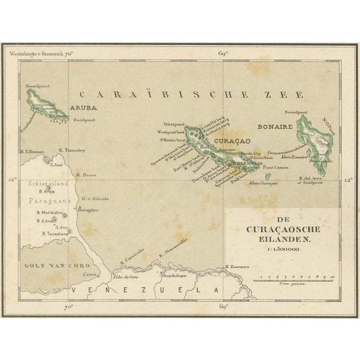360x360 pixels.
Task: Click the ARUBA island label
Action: pyautogui.click(x=84, y=107)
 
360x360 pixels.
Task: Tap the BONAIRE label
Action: pyautogui.click(x=273, y=128)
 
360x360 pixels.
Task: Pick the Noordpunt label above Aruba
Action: pyautogui.click(x=37, y=87)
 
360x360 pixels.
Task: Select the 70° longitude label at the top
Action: pyautogui.click(x=70, y=55)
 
